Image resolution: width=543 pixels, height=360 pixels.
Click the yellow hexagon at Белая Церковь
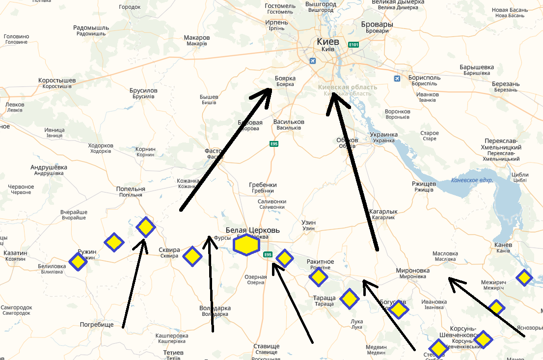tap(246, 245)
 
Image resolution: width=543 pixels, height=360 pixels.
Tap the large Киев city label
tap(328, 42)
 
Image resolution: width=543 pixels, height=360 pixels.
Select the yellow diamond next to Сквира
tap(192, 256)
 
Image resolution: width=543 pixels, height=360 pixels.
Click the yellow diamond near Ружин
tap(78, 261)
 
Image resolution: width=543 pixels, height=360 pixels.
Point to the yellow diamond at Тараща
tap(349, 298)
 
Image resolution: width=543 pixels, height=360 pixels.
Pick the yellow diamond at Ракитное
tap(318, 277)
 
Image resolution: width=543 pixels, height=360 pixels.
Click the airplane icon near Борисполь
tap(398, 79)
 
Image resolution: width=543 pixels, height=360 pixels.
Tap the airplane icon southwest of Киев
tap(313, 61)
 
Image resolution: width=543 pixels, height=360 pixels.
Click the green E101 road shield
tap(353, 45)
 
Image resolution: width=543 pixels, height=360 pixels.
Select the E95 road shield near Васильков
tap(274, 144)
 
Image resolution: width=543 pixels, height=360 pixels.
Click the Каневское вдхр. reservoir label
tap(472, 180)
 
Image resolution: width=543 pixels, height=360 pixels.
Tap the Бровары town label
tap(377, 24)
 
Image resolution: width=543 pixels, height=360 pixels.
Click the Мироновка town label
tap(412, 271)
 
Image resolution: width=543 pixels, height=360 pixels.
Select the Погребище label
tap(97, 325)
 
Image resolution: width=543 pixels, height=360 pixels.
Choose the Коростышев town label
tap(57, 80)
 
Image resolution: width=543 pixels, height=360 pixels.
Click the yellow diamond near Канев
tap(524, 278)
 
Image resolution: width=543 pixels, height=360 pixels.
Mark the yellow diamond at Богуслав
tap(399, 309)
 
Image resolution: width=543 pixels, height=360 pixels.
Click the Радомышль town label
tap(90, 28)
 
